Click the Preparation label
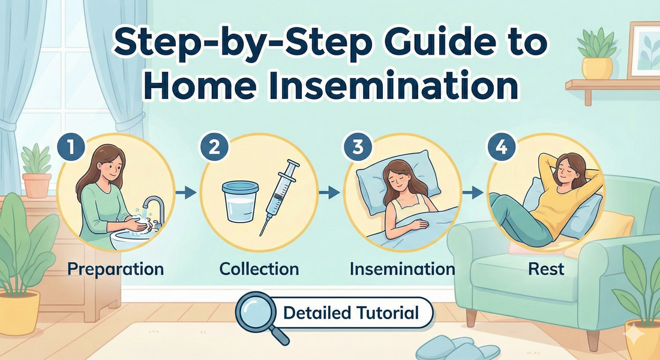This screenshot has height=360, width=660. point(115,268)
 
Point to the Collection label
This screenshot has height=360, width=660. point(259,268)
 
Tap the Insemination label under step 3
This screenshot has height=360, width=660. point(402,268)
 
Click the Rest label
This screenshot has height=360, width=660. point(546,268)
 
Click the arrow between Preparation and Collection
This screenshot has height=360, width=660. point(187,193)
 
